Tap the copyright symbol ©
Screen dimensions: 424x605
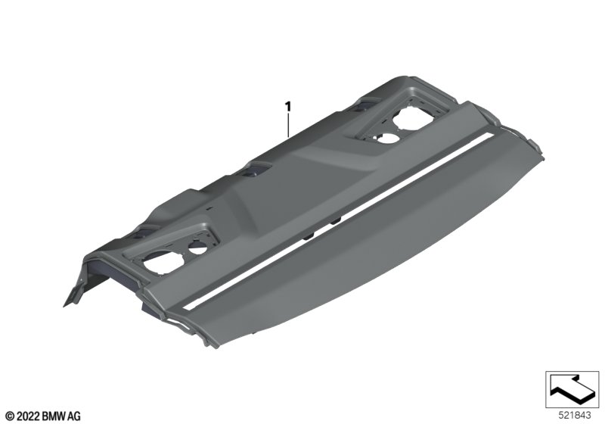[x=9, y=416]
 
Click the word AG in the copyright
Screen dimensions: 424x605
[x=76, y=416]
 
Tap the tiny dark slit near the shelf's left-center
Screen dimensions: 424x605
[x=206, y=206]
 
